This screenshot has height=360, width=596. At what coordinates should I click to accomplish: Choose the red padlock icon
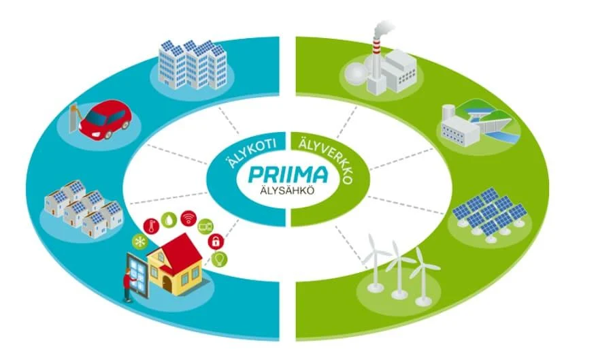(216, 241)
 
